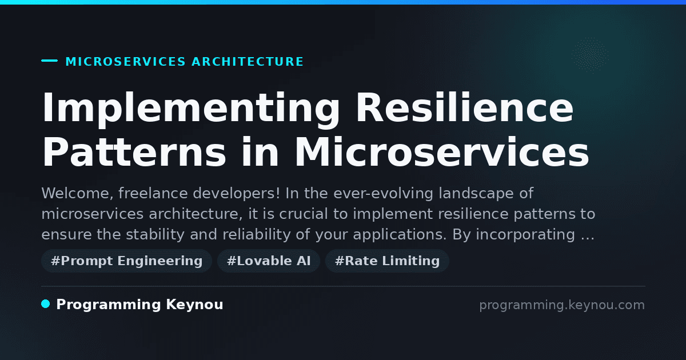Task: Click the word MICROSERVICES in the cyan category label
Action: point(126,62)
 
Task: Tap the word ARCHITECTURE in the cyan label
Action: point(248,62)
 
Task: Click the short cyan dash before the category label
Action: point(49,61)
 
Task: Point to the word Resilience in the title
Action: point(465,107)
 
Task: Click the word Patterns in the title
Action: point(134,152)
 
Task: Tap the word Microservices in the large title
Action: point(441,152)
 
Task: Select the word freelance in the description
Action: point(153,193)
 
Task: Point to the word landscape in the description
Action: point(476,194)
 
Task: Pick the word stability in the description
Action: point(155,234)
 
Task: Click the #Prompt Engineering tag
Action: point(126,261)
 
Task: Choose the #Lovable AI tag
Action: point(269,261)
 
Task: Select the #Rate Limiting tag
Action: point(387,261)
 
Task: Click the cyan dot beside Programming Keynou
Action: point(46,304)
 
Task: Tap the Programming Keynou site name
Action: point(139,305)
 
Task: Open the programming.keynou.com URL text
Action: point(562,305)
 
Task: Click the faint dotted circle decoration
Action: point(590,55)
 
